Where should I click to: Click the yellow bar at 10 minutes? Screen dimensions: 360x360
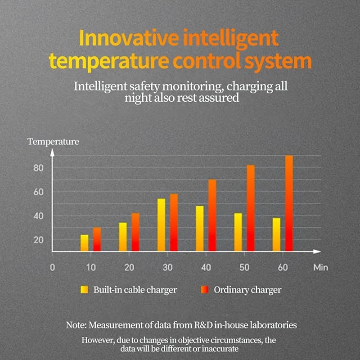click(x=84, y=243)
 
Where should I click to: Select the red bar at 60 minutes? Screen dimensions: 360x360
click(x=289, y=203)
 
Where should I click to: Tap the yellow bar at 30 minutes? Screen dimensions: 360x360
click(x=161, y=225)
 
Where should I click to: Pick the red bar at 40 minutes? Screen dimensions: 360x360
click(x=212, y=215)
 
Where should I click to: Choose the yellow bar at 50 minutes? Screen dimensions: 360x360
click(x=238, y=232)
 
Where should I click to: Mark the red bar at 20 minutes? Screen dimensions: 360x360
click(x=135, y=232)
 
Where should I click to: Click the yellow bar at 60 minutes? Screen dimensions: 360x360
click(x=276, y=234)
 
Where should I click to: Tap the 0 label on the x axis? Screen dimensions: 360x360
click(x=52, y=267)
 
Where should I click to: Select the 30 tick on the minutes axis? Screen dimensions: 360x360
click(x=167, y=267)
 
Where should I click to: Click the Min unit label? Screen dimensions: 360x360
click(x=321, y=267)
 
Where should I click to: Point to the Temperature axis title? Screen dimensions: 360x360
click(x=53, y=142)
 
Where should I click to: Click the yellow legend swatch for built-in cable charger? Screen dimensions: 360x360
click(x=84, y=290)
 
